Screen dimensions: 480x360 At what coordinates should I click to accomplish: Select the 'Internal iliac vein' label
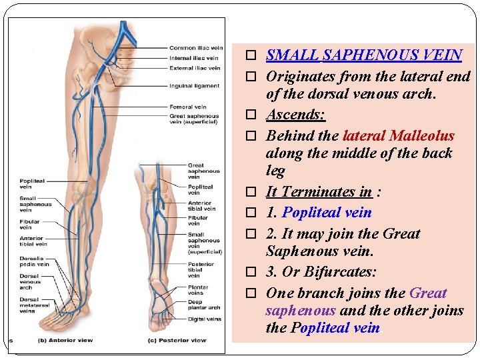(x=193, y=58)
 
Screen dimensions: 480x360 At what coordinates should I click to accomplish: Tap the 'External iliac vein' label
(x=195, y=68)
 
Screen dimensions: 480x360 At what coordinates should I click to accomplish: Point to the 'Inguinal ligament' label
(x=194, y=85)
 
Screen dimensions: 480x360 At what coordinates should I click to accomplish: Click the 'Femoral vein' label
(x=187, y=107)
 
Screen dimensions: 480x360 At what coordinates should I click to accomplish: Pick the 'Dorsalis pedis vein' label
(x=34, y=261)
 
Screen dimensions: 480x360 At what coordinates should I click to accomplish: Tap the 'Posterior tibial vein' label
(x=201, y=269)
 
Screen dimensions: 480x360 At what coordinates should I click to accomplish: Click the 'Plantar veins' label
(x=198, y=290)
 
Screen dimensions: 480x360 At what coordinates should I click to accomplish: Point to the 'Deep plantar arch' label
(x=204, y=305)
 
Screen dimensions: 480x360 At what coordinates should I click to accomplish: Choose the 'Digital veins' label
(x=204, y=319)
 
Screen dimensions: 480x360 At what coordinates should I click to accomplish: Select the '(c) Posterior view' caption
(x=177, y=341)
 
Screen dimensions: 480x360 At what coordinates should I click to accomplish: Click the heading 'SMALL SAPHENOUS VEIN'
(x=364, y=55)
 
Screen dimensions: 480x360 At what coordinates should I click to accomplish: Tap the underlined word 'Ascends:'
(x=295, y=115)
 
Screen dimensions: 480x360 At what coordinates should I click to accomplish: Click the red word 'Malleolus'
(x=422, y=136)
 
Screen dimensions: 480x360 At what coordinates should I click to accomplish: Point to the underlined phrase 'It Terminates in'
(x=319, y=192)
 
